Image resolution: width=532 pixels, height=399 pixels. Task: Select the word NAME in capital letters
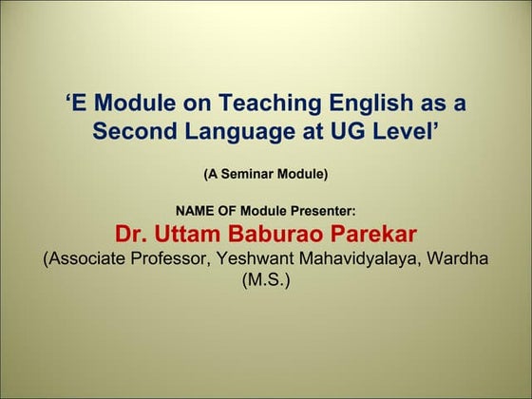click(x=196, y=211)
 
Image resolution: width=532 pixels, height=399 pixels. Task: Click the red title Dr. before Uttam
click(x=134, y=234)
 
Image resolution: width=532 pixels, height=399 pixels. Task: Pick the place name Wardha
click(x=462, y=258)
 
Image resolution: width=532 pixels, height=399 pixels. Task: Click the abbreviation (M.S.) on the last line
click(x=266, y=281)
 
